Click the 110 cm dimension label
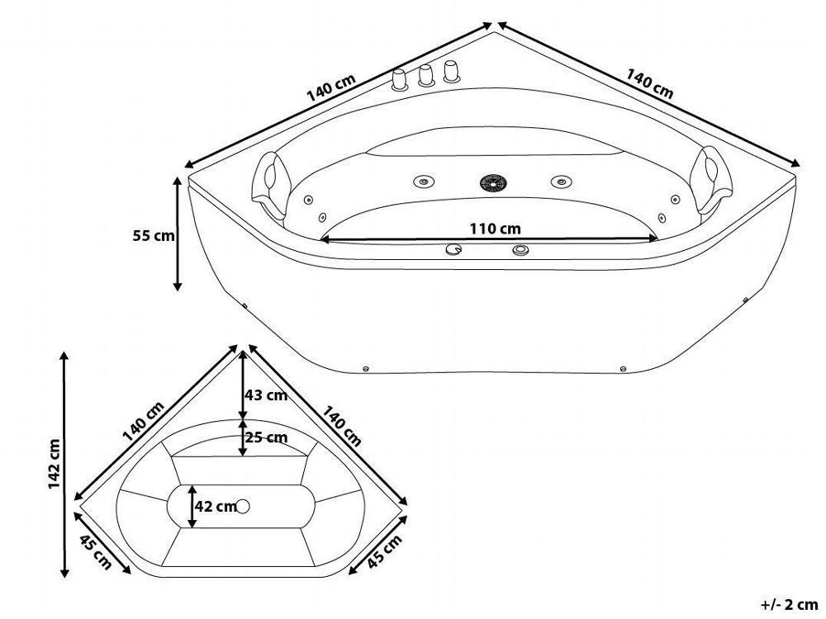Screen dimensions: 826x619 tap(495, 229)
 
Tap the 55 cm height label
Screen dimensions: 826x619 tap(154, 235)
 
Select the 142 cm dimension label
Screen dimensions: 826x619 tap(55, 463)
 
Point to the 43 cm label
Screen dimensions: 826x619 tap(266, 395)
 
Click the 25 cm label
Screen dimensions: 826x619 tap(267, 437)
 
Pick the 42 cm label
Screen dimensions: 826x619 tap(216, 507)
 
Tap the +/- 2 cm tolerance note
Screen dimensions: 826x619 tap(789, 604)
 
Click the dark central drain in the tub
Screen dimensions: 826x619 tap(494, 182)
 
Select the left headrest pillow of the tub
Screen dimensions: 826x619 tap(270, 185)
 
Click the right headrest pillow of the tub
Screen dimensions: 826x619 tap(713, 181)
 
